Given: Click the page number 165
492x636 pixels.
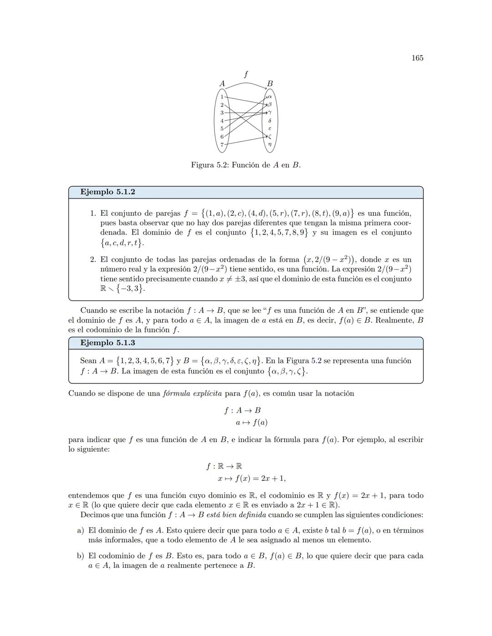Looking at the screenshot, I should coord(417,58).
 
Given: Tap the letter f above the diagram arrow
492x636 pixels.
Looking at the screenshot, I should coord(246,74).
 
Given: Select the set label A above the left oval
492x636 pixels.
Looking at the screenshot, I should coord(222,84).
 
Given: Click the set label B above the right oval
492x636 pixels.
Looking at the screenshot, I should coord(270,84).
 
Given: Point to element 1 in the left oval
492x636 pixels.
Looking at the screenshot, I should coord(222,97).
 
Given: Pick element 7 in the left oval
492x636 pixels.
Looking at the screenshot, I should coord(222,145).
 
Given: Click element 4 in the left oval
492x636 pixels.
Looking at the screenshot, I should coord(222,121).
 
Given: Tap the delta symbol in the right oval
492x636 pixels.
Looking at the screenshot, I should coord(270,121).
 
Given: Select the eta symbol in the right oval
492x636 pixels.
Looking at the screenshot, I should coord(270,145).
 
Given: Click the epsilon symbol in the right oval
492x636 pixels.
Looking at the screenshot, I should coord(270,129).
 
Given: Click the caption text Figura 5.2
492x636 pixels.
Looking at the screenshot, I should coord(211,165).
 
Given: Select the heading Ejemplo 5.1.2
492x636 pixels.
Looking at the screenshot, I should coord(108,192).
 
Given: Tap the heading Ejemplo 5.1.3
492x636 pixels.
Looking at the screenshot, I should coord(108,343).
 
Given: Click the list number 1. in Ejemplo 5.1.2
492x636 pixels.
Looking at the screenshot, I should coord(93,213).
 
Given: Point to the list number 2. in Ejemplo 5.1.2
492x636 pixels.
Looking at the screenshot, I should coord(93,259).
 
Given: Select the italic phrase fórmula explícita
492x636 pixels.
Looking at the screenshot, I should coord(192,393).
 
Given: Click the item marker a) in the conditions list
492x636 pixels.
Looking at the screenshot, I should coord(81,530).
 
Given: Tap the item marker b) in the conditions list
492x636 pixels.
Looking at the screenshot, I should coord(81,556).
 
